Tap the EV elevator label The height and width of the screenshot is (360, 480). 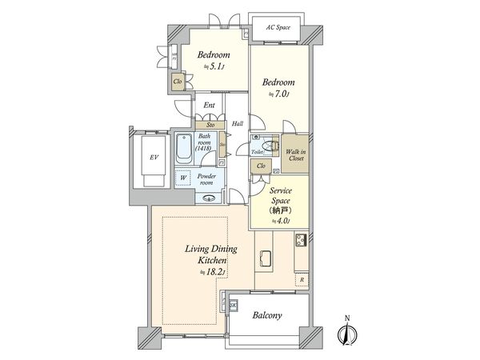(152, 158)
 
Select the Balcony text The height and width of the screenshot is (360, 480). (267, 316)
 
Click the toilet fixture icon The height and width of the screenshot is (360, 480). (265, 145)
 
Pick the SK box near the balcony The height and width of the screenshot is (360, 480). (234, 306)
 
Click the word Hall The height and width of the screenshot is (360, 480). (237, 124)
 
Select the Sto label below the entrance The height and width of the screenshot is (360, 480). (210, 125)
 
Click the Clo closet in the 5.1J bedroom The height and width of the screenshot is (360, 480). (177, 80)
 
